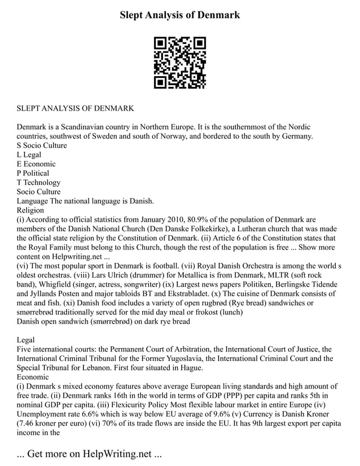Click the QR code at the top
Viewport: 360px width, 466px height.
tap(179, 63)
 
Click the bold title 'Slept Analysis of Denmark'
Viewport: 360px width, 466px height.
tap(179, 15)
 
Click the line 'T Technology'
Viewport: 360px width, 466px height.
tap(38, 183)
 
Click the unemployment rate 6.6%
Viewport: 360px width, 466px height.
tap(93, 414)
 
